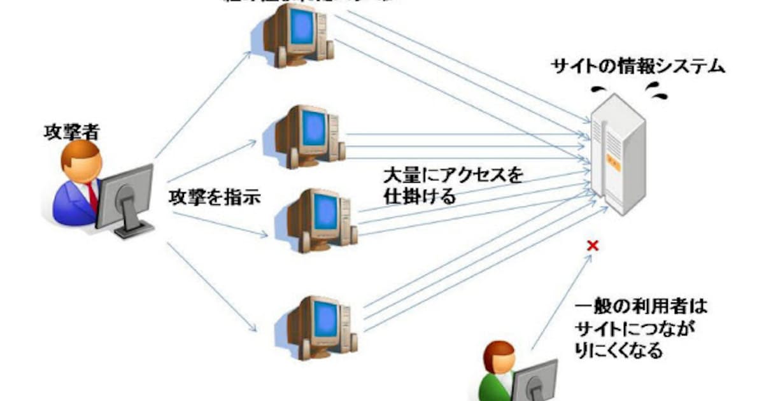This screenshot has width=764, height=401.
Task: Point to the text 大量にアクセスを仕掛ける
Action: [x=452, y=185]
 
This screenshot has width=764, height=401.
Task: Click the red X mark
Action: [x=593, y=245]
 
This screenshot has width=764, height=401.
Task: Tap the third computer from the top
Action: [x=315, y=220]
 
